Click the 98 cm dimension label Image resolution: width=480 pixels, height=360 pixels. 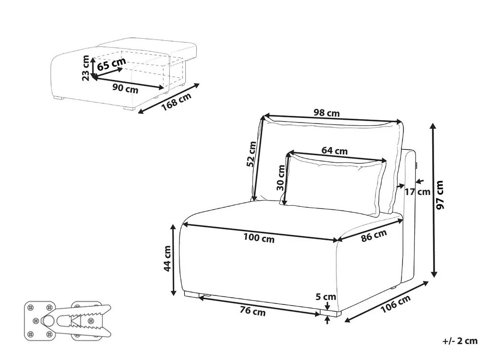[327, 113]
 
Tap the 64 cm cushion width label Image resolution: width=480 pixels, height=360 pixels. [335, 150]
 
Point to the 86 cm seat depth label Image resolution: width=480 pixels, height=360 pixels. [373, 236]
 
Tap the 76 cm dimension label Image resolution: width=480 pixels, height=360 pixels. [252, 312]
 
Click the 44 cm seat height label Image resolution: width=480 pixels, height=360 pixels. [167, 259]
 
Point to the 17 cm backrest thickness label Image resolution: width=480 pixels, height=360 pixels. [417, 192]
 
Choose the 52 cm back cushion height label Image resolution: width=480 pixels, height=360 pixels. [251, 154]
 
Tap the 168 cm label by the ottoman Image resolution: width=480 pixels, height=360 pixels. [176, 102]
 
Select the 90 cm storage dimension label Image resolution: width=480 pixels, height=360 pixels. [125, 89]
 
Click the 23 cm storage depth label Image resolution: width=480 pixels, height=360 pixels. [86, 68]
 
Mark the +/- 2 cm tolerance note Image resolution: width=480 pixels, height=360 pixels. [460, 341]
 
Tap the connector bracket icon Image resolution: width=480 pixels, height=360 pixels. [67, 319]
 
